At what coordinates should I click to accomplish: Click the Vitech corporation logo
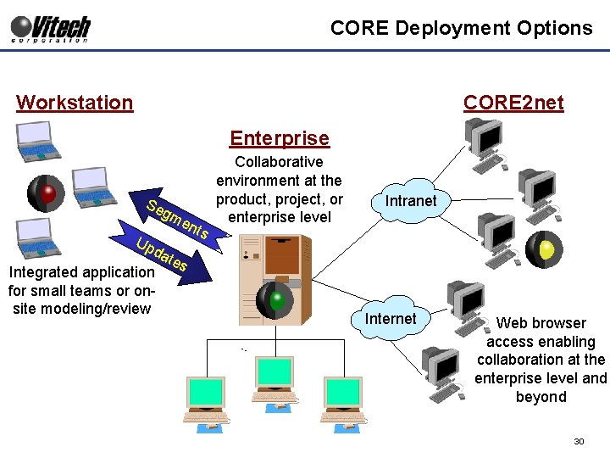[50, 28]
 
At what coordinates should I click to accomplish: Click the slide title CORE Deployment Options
[461, 28]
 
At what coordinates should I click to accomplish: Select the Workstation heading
[75, 103]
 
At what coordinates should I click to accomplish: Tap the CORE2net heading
[513, 103]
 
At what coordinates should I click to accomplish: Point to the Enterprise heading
[280, 138]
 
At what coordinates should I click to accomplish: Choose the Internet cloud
[391, 319]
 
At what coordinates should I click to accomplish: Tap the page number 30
[579, 441]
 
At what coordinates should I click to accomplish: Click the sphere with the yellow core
[544, 249]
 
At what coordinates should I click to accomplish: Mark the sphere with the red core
[47, 193]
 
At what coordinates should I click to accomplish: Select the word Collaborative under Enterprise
[279, 162]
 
